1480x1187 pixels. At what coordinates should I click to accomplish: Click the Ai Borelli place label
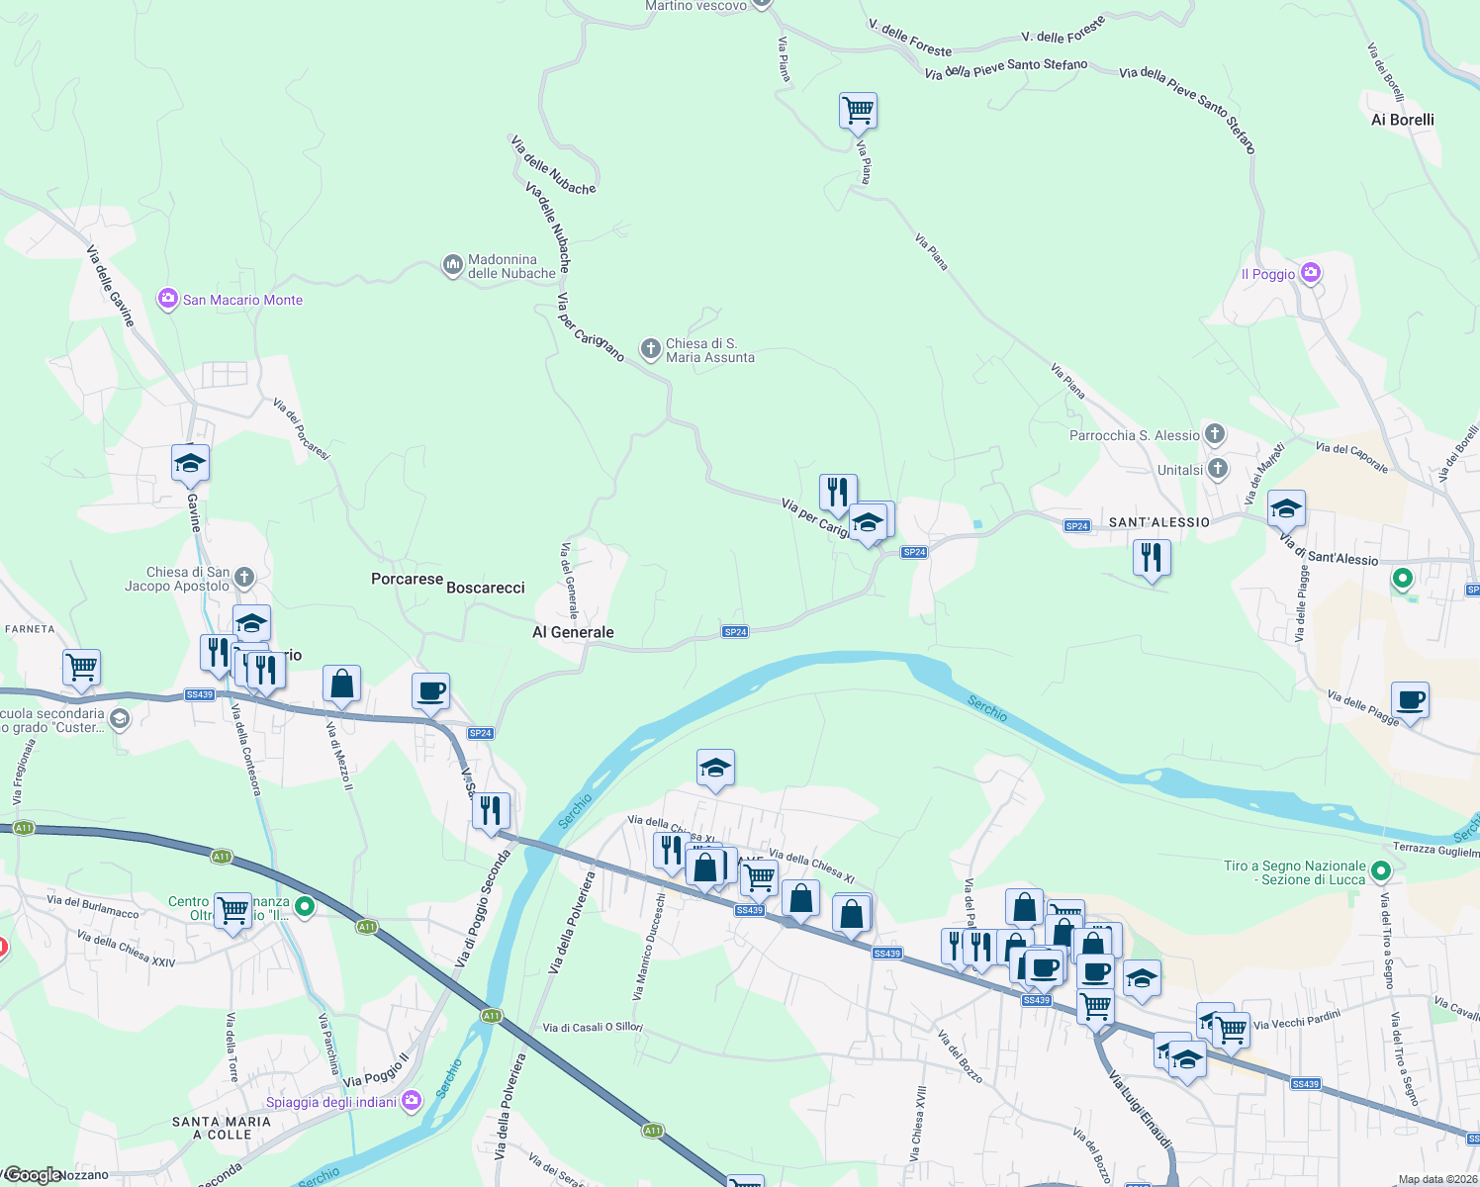[1402, 120]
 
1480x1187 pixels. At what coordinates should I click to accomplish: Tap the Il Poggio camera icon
[1311, 273]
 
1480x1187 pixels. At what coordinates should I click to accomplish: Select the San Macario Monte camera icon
[167, 299]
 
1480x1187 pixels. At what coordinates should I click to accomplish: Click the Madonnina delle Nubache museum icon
[453, 265]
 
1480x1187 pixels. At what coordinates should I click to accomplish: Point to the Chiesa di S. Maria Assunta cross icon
[650, 348]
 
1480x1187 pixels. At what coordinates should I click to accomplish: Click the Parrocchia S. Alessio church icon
[1216, 434]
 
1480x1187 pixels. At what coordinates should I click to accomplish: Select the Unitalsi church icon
[1218, 469]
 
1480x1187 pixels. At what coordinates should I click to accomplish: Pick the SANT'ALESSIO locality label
[1158, 522]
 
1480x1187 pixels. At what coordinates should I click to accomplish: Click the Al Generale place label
[573, 632]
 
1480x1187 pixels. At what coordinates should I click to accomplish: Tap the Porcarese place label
[407, 579]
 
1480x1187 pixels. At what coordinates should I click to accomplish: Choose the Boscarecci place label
[485, 588]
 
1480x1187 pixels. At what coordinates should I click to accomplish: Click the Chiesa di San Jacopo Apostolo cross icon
[244, 578]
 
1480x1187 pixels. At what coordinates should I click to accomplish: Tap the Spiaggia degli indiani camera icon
[412, 1101]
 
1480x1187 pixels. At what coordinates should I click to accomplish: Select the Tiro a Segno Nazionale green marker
[1382, 871]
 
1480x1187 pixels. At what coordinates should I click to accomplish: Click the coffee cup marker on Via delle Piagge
[1410, 699]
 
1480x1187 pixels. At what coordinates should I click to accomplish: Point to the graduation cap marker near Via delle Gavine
[190, 462]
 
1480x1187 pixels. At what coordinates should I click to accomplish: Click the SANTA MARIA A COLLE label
[221, 1128]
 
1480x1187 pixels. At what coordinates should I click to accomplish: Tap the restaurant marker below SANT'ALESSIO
[1151, 557]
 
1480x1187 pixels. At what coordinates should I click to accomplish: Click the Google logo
[32, 1175]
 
